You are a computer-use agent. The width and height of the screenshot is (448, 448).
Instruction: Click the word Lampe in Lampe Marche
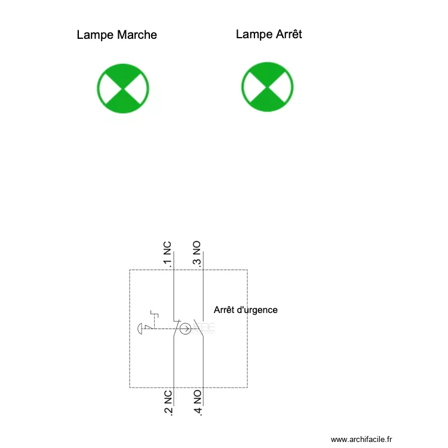click(95, 35)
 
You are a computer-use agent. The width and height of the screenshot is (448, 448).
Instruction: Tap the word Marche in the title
click(137, 35)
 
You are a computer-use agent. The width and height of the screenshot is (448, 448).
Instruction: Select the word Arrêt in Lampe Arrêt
click(289, 34)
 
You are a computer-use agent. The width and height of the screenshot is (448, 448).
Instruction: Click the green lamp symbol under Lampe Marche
click(123, 88)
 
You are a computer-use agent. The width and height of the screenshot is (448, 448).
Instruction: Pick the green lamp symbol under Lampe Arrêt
click(268, 87)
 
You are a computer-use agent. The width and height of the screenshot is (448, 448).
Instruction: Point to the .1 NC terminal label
click(167, 254)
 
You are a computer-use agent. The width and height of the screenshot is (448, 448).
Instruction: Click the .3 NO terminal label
click(197, 254)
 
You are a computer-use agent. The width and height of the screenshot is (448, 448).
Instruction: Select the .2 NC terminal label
click(168, 403)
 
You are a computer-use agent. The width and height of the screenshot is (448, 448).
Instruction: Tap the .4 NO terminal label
click(198, 403)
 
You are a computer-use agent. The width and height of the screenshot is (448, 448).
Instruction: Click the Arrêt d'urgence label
click(246, 310)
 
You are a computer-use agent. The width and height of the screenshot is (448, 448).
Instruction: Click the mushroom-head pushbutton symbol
click(142, 329)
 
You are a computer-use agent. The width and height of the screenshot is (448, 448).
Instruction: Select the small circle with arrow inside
click(185, 329)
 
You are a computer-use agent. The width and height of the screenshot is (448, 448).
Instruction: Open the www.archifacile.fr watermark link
click(361, 440)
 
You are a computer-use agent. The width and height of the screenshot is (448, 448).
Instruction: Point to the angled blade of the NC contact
click(177, 328)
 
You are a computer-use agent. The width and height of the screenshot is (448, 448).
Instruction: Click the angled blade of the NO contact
click(198, 328)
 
